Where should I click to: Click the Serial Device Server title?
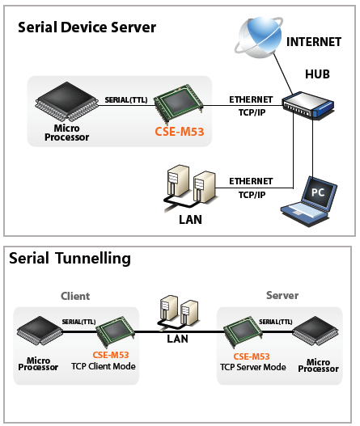[x=87, y=27]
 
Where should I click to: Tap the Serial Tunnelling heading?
[x=70, y=258]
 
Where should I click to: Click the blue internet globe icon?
[x=259, y=36]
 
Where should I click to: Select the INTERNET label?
[x=314, y=42]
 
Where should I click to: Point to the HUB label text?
[x=317, y=74]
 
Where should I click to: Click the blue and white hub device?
[x=308, y=105]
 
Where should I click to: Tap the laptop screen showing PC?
[x=319, y=193]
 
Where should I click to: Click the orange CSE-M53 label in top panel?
[x=179, y=132]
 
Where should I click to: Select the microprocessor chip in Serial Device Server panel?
[x=67, y=102]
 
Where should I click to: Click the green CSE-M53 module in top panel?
[x=179, y=102]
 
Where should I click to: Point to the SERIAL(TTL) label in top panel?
[x=126, y=100]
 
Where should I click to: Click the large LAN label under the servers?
[x=190, y=220]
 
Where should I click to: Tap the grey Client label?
[x=75, y=296]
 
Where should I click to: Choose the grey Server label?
[x=282, y=295]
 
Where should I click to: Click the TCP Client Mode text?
[x=104, y=366]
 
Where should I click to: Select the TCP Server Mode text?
[x=253, y=367]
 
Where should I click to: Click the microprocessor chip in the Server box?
[x=316, y=331]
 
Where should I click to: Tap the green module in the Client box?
[x=116, y=331]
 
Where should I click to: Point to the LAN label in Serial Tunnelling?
[x=177, y=339]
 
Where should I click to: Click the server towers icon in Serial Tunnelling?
[x=178, y=312]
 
